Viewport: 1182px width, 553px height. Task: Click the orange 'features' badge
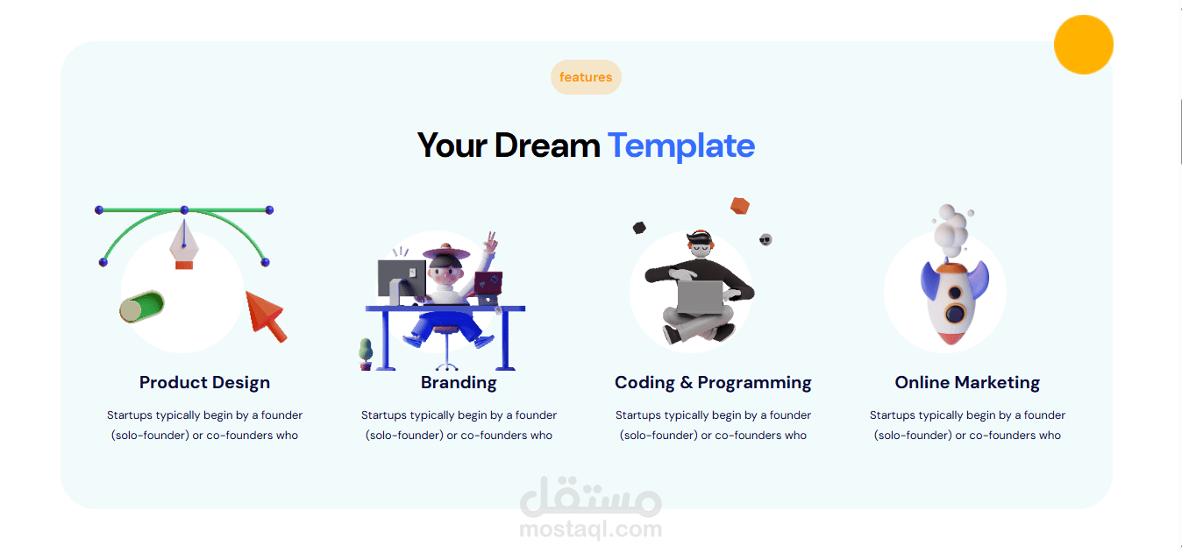point(586,77)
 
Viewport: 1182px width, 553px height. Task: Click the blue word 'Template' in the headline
point(681,145)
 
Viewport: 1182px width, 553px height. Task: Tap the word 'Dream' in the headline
point(546,145)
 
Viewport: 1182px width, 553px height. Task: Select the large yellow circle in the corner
point(1083,45)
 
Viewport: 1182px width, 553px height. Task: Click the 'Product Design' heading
point(204,382)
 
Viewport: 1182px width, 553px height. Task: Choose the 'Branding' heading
point(459,382)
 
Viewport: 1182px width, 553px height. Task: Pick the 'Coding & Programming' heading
point(713,382)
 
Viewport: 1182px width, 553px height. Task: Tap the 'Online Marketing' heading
point(967,382)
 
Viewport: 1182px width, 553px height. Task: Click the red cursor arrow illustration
point(266,316)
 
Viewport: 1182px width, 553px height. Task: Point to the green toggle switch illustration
point(141,306)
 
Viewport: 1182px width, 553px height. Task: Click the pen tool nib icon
point(184,245)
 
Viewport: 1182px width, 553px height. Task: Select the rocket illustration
point(954,302)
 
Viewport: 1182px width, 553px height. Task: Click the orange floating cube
point(740,206)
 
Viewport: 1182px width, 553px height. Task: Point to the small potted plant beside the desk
point(366,354)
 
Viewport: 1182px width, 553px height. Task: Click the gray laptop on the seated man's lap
point(701,298)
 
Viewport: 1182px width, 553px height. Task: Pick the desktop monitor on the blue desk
point(402,280)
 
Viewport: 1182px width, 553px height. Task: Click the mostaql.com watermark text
point(590,528)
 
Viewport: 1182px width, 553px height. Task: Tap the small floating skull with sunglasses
point(765,240)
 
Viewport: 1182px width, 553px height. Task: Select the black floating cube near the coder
point(639,228)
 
